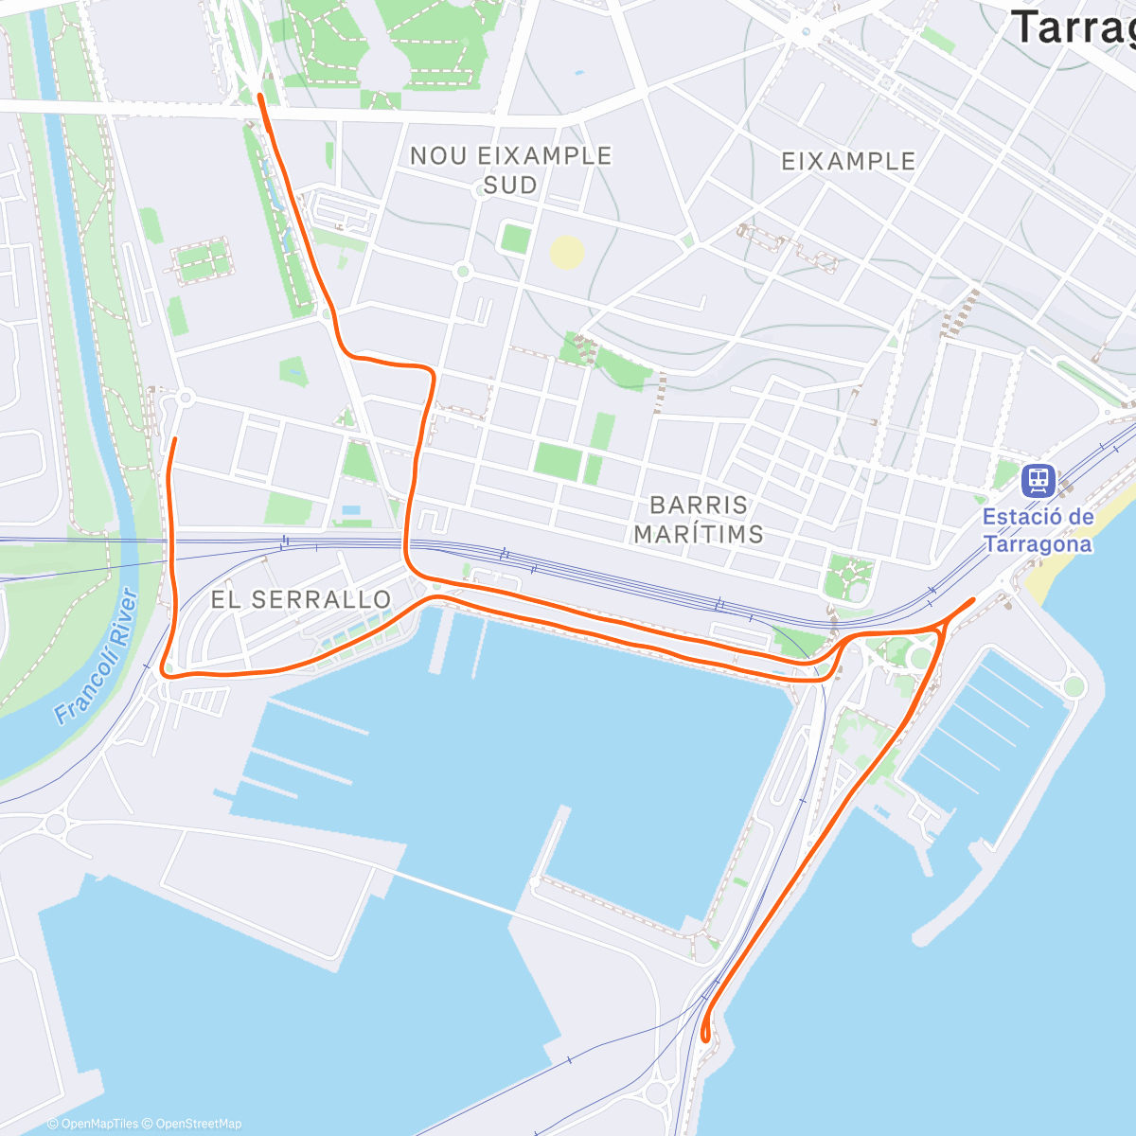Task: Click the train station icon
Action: (1038, 480)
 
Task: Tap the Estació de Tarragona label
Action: (1038, 531)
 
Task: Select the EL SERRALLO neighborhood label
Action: (300, 599)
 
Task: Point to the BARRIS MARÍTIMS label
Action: (699, 520)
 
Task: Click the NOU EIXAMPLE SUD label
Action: (510, 170)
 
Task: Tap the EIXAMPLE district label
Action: (848, 162)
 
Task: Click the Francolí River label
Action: (96, 656)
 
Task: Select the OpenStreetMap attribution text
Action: (199, 1124)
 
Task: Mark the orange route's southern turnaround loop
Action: (705, 1032)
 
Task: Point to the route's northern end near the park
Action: (261, 97)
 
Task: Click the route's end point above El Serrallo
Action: (175, 439)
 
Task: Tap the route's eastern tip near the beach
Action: (972, 600)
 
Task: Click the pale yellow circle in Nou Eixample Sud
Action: (566, 253)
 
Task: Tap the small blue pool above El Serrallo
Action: (351, 510)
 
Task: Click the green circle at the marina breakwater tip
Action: (1073, 686)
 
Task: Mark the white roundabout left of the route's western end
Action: (186, 399)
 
